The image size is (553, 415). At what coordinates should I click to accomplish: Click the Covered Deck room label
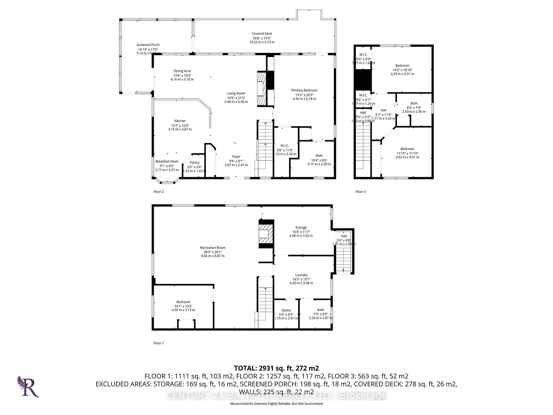point(262,34)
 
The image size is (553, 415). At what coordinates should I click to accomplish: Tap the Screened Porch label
point(148,45)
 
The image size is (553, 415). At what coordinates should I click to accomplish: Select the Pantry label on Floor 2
point(194,163)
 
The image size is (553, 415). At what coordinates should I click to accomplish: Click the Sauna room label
point(286,310)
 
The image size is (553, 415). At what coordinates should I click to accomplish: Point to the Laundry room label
point(301,275)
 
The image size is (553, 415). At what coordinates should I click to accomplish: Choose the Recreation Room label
point(213,248)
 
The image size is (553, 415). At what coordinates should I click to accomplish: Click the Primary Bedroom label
point(304,90)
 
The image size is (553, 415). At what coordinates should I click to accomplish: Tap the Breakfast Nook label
point(167,161)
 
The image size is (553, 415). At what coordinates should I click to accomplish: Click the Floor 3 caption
point(360,192)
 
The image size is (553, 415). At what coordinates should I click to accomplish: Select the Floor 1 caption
point(158,343)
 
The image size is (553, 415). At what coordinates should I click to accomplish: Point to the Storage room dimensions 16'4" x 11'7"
point(301,232)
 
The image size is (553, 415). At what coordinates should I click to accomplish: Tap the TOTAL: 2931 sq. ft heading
point(276,368)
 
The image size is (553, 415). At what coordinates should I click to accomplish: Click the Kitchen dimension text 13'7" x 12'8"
point(180,125)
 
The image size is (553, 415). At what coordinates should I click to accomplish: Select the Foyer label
point(236,157)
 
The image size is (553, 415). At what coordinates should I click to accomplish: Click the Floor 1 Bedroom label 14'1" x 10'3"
point(183,306)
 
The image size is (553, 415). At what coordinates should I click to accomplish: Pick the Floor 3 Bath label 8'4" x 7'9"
point(414,107)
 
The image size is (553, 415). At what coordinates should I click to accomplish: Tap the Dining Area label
point(182,71)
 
